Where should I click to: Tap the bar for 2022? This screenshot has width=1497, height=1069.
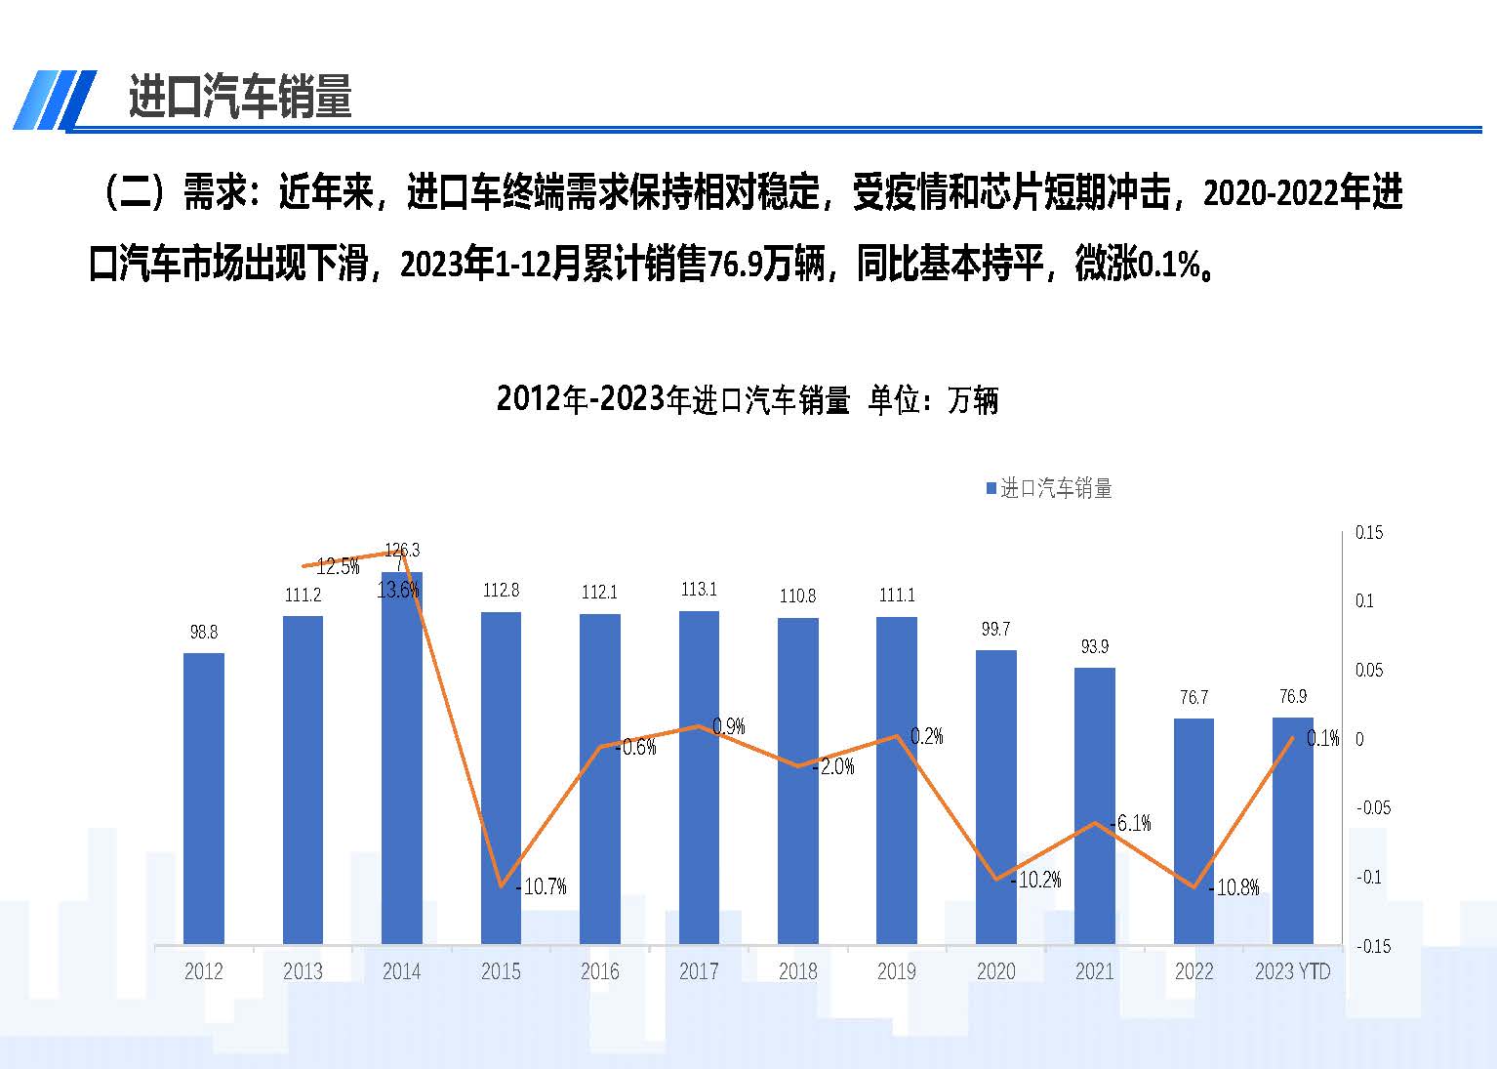(1194, 831)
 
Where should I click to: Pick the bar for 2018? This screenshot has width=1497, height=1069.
(797, 781)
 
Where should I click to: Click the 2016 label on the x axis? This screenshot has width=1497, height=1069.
(599, 971)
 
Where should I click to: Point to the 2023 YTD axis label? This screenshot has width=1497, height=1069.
(1292, 971)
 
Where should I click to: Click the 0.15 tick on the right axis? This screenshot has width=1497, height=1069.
(1369, 533)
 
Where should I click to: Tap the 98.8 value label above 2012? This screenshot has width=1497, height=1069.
(204, 633)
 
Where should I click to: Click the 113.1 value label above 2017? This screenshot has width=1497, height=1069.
(699, 590)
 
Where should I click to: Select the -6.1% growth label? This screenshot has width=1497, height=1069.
(1131, 823)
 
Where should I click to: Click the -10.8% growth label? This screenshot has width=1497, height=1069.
(1235, 887)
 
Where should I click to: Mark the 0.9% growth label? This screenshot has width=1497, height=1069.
(729, 726)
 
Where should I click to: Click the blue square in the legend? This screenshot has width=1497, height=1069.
(991, 488)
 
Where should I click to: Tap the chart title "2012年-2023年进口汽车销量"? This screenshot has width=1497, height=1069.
(673, 400)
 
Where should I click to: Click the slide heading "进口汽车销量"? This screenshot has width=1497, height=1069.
(240, 97)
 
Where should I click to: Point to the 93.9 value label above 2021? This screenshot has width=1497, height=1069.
(1094, 646)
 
